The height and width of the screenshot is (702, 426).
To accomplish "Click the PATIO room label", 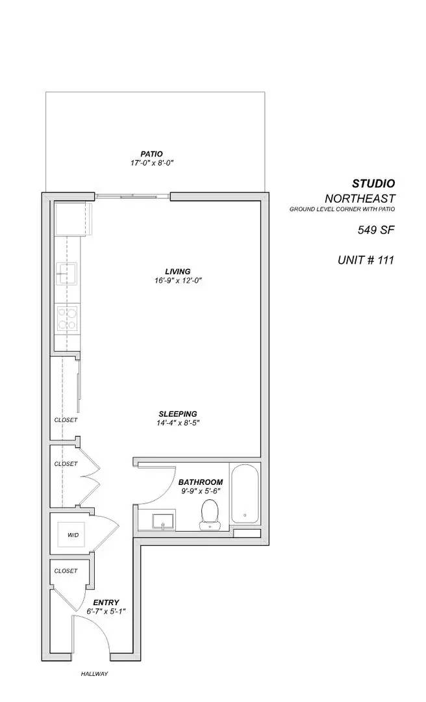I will coord(151,154).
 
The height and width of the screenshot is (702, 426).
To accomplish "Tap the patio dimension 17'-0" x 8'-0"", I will coord(151,164).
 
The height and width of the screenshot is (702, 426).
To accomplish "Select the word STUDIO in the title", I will coord(373,184).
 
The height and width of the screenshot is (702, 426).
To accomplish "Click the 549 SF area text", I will coord(376,229).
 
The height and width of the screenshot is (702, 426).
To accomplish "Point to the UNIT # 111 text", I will coord(366,260).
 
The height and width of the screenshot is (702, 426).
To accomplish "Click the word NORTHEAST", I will coord(359,198).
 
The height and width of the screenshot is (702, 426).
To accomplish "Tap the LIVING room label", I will coord(177,271).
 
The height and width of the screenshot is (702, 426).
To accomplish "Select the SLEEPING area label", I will coord(177,414).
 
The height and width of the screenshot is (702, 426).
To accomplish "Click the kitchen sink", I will coord(66,274).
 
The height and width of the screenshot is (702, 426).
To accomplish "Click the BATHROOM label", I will coord(201,482).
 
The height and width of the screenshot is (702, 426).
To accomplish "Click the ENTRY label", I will coord(105,603).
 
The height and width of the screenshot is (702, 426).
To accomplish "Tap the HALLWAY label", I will coord(94,674).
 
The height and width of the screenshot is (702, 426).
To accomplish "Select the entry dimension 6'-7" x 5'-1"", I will coord(105,612).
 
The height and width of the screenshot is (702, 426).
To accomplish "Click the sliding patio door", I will coord(133,194).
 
